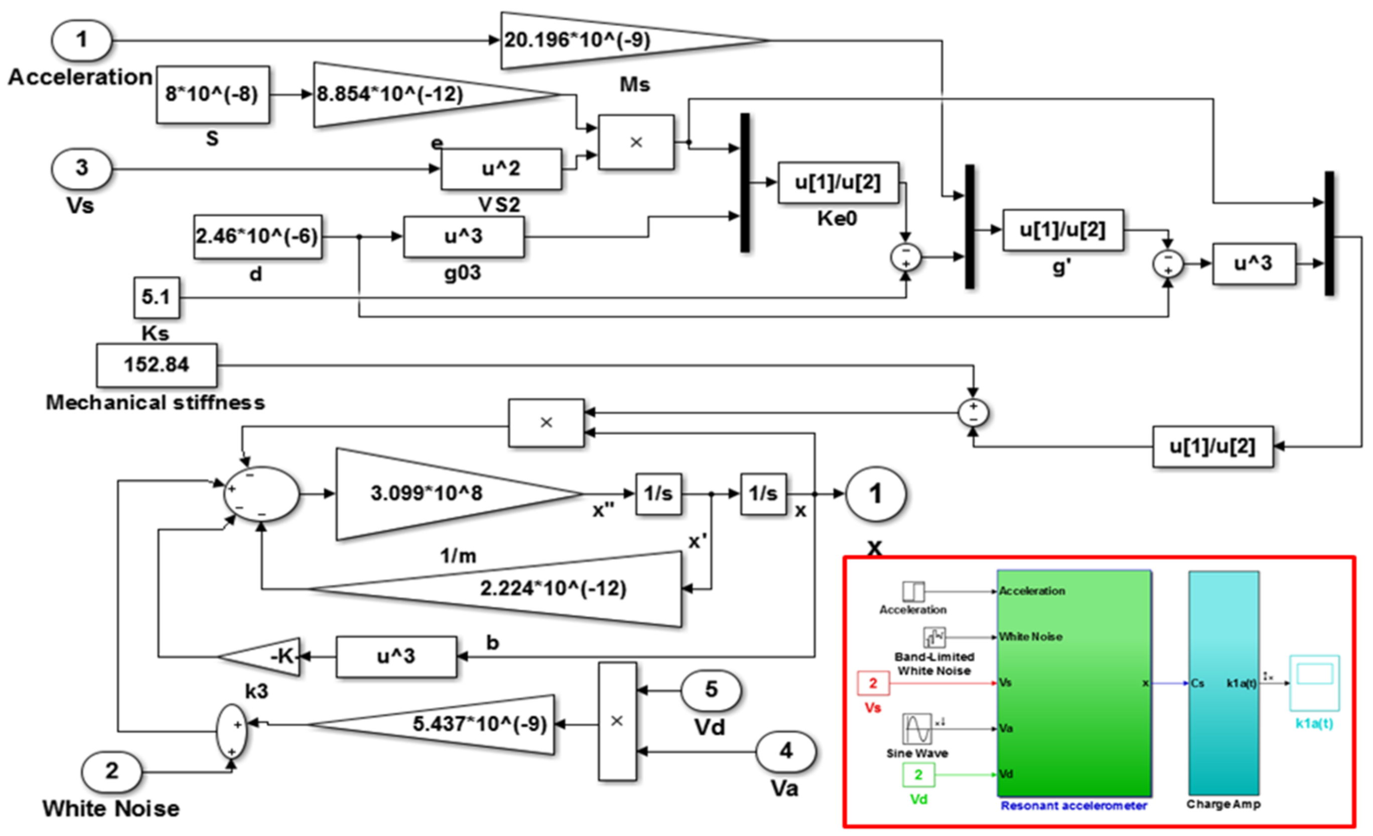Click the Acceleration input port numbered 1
[82, 40]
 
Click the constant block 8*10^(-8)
[212, 94]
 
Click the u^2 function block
[500, 168]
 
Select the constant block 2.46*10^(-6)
[257, 237]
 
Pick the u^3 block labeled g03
[463, 237]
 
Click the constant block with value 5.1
[157, 297]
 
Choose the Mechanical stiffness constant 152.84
[157, 365]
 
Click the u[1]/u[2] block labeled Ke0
[838, 182]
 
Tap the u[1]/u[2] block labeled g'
[1063, 230]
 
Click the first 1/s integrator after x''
[658, 493]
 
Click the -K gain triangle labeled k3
[273, 657]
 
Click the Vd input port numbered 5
[711, 690]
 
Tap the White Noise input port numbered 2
[111, 772]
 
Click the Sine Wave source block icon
[917, 728]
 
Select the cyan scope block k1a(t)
[1314, 683]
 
